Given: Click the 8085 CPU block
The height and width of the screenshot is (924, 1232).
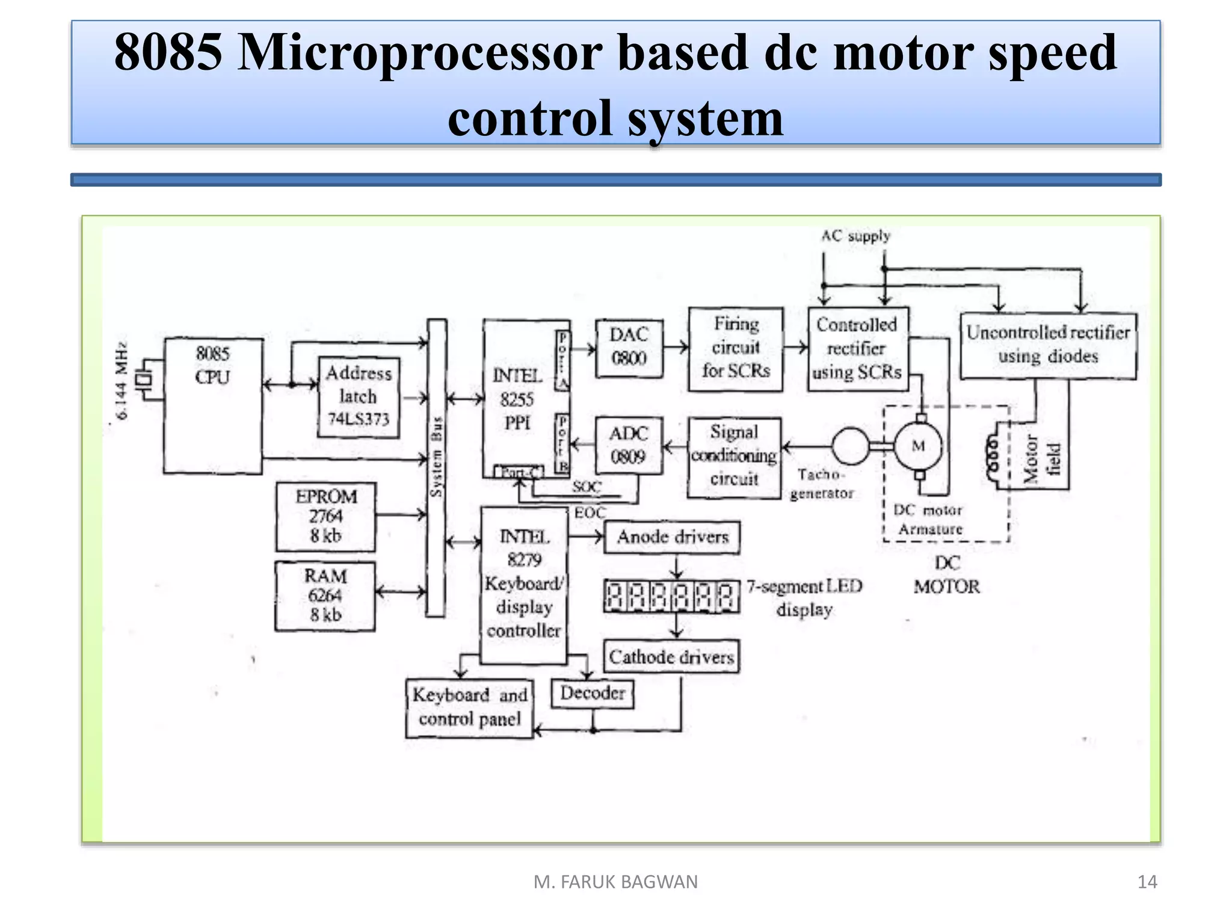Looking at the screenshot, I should click(213, 405).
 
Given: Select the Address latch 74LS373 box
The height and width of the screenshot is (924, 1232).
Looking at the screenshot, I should click(359, 397).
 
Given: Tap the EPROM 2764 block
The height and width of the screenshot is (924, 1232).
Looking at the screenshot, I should click(325, 517).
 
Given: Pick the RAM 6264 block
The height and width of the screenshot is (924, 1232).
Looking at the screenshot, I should click(325, 596).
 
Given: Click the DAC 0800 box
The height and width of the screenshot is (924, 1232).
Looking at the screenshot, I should click(629, 348).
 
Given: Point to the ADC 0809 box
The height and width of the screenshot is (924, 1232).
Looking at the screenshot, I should click(629, 445).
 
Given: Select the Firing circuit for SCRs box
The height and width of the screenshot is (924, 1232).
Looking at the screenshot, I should click(736, 349).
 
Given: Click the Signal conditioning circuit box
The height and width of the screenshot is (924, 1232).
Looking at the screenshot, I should click(734, 458).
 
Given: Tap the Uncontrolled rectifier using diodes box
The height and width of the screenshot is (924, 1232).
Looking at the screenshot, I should click(1048, 345).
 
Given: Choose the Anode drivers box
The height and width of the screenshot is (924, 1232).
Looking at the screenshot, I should click(672, 537).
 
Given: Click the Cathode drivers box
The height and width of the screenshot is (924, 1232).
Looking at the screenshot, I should click(671, 656).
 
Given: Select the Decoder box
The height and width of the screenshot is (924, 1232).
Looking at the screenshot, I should click(593, 694).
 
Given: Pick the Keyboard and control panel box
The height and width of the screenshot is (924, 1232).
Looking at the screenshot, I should click(469, 707).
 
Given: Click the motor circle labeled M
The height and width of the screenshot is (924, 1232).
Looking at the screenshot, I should click(919, 446).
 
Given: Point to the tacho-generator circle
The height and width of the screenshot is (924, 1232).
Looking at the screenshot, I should click(850, 446).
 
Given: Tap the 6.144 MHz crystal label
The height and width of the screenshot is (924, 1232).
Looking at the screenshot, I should click(122, 380).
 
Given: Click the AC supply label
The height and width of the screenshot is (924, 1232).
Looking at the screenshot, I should click(855, 236).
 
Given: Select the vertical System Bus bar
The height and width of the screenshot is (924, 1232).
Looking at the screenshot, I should click(436, 467).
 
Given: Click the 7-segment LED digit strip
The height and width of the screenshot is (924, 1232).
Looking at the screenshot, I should click(671, 596).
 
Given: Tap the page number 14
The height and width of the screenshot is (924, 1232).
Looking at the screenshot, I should click(1147, 882).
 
